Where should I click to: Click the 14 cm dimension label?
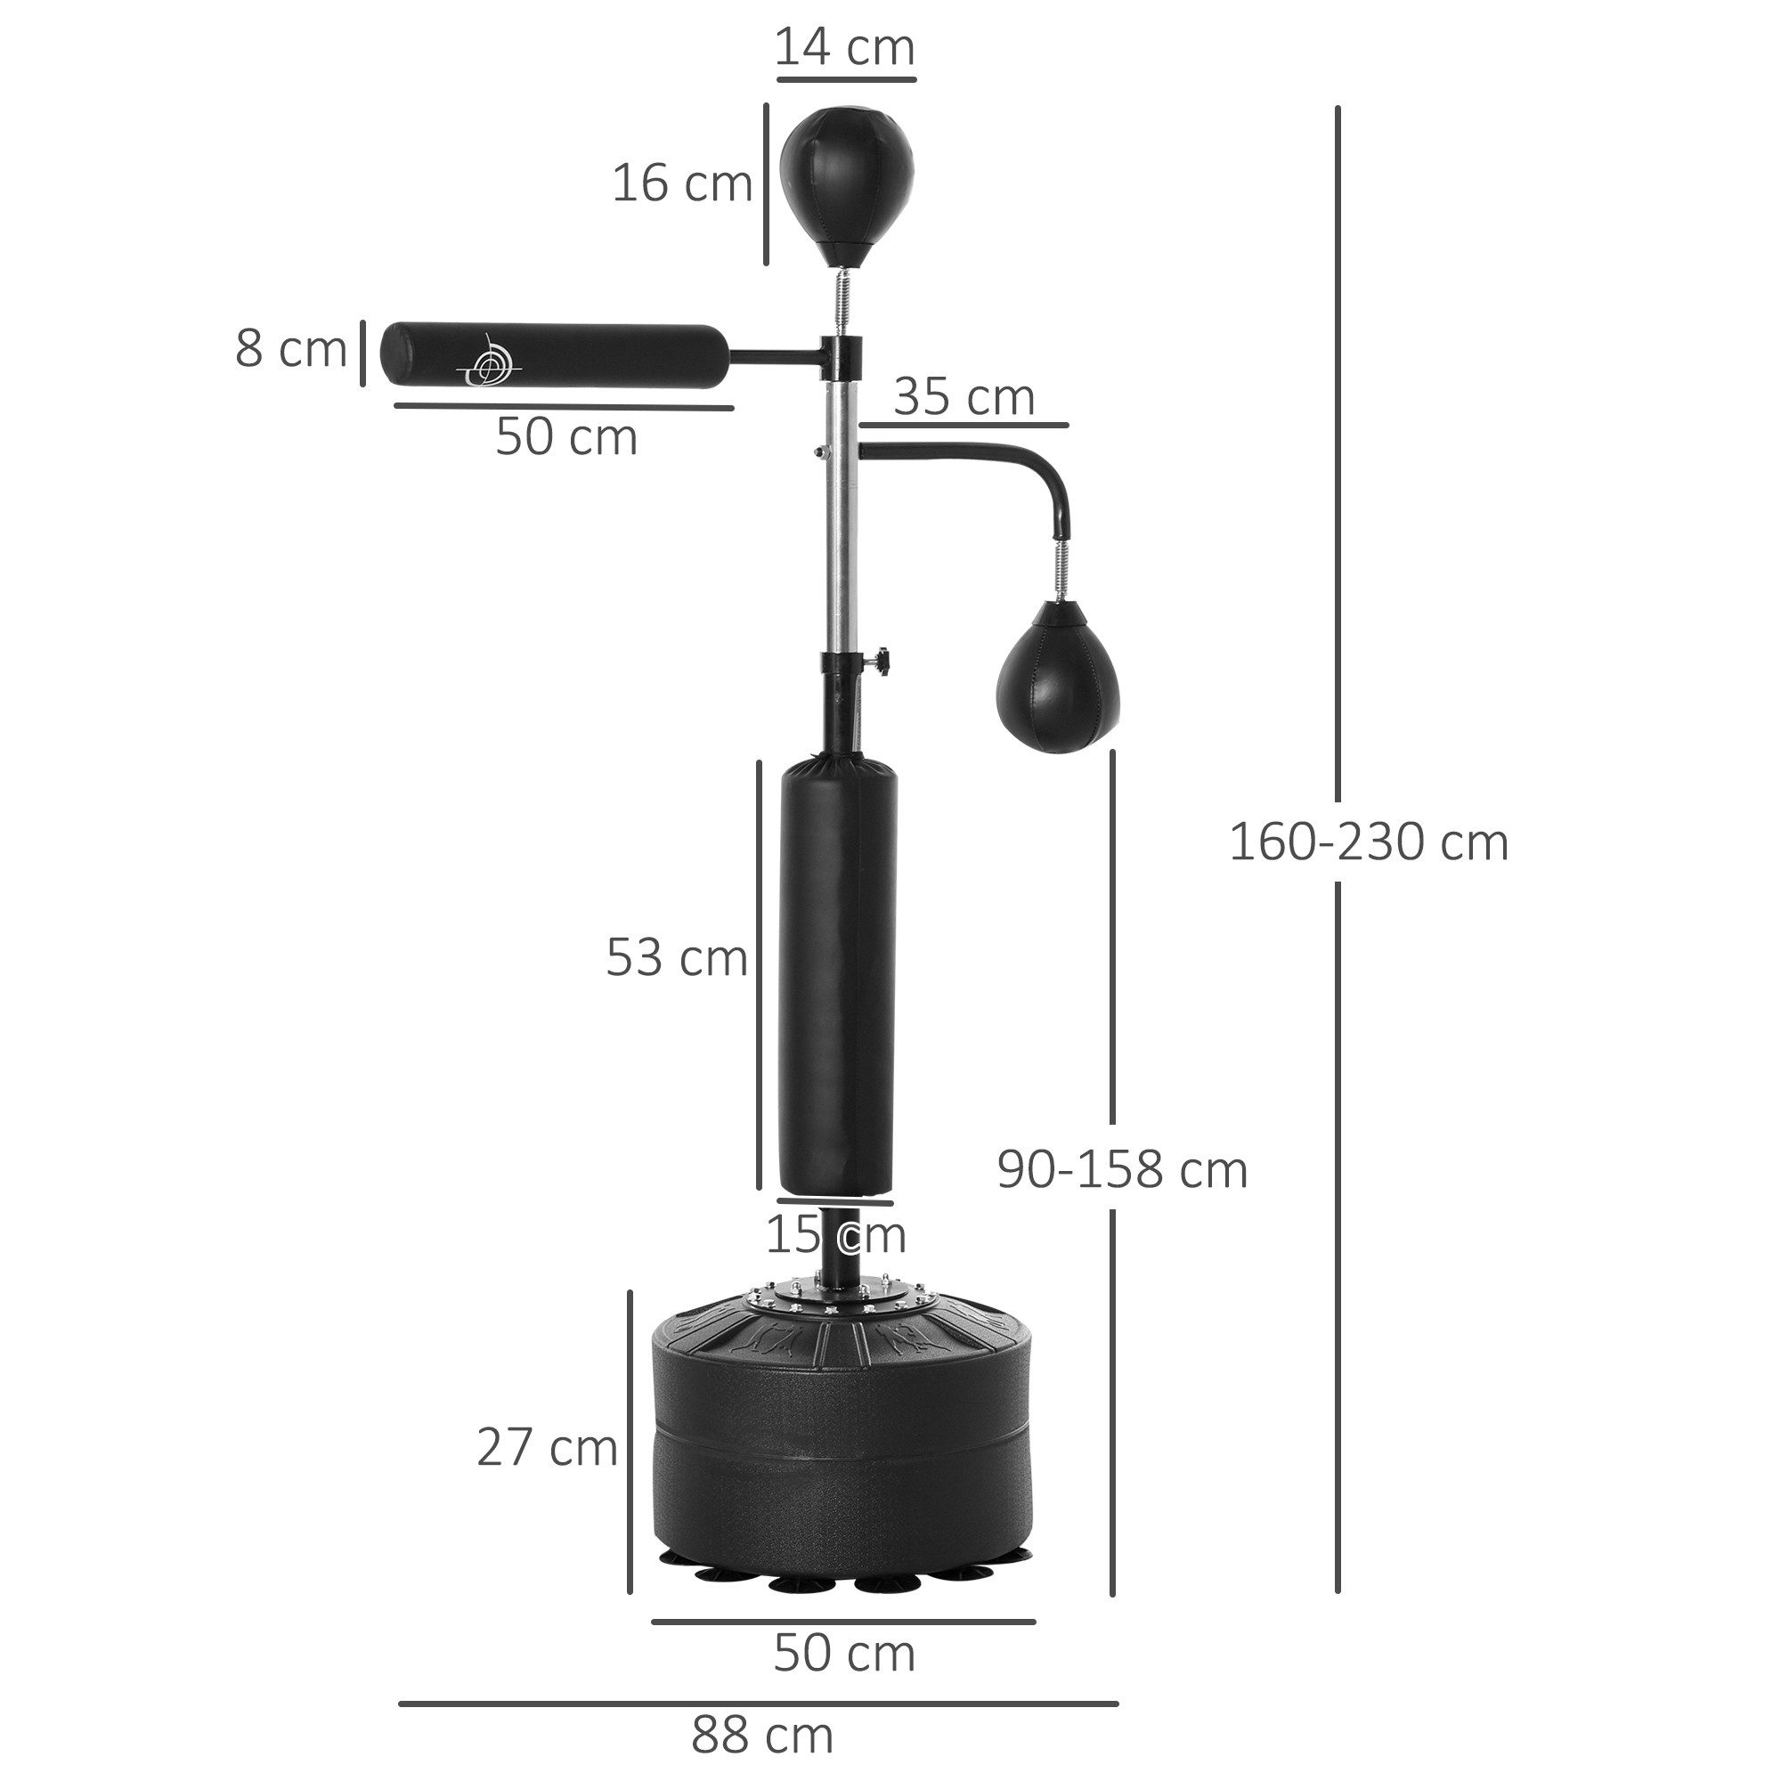[x=844, y=48]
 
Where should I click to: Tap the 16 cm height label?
[x=682, y=183]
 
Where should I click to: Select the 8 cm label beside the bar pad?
[x=290, y=349]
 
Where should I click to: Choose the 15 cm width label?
[x=835, y=1235]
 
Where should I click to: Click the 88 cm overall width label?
[x=761, y=1736]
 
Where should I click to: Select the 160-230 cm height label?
[x=1368, y=842]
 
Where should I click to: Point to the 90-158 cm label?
[x=1122, y=1171]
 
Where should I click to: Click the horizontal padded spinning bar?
[x=553, y=355]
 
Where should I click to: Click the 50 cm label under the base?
[x=843, y=1653]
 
